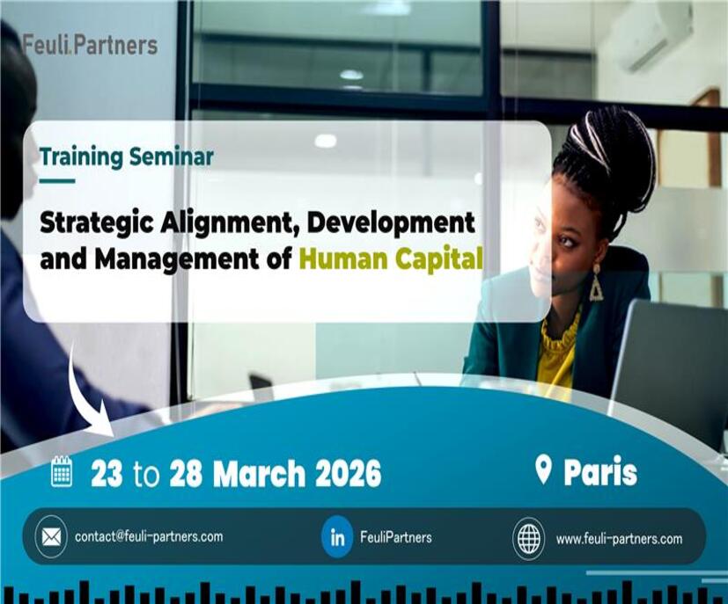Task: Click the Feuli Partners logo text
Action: [x=90, y=45]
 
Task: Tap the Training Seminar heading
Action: [x=127, y=157]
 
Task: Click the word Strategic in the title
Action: [x=97, y=224]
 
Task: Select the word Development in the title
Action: [x=391, y=223]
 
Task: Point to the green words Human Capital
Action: [x=392, y=258]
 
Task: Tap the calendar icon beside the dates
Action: [x=62, y=472]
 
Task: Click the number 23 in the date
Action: [x=107, y=473]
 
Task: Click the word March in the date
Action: [x=259, y=473]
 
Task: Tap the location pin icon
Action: [x=543, y=470]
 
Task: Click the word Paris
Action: [x=600, y=472]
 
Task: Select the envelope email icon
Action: [x=51, y=537]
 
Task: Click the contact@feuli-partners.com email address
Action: [x=149, y=536]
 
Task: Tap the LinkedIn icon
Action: [x=337, y=537]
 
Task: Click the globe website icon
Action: [x=529, y=538]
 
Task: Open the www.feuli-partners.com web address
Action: [x=620, y=539]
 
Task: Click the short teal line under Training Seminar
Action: [x=57, y=181]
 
